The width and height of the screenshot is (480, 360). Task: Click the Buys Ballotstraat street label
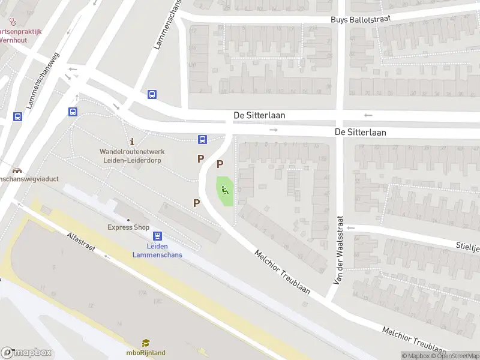tap(361, 19)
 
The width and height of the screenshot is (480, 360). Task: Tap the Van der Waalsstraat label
tap(339, 250)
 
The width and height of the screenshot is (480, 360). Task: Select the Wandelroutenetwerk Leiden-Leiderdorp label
tap(131, 156)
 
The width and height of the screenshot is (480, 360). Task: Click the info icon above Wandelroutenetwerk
tap(131, 142)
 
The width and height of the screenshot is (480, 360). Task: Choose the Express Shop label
tap(128, 227)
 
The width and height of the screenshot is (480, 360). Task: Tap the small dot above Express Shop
tap(128, 220)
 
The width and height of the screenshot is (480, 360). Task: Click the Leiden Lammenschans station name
tap(157, 250)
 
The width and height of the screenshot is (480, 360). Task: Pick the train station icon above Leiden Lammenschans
tap(157, 236)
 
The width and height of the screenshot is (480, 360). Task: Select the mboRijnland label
tap(146, 353)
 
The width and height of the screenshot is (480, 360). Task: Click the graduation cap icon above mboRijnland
tap(146, 343)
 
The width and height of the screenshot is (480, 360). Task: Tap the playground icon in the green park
tap(225, 191)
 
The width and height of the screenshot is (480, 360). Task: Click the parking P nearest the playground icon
tap(220, 164)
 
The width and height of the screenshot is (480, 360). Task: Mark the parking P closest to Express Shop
tap(196, 203)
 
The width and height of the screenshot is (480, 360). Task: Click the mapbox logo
tap(26, 352)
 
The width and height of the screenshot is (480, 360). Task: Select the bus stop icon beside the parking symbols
tap(203, 140)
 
